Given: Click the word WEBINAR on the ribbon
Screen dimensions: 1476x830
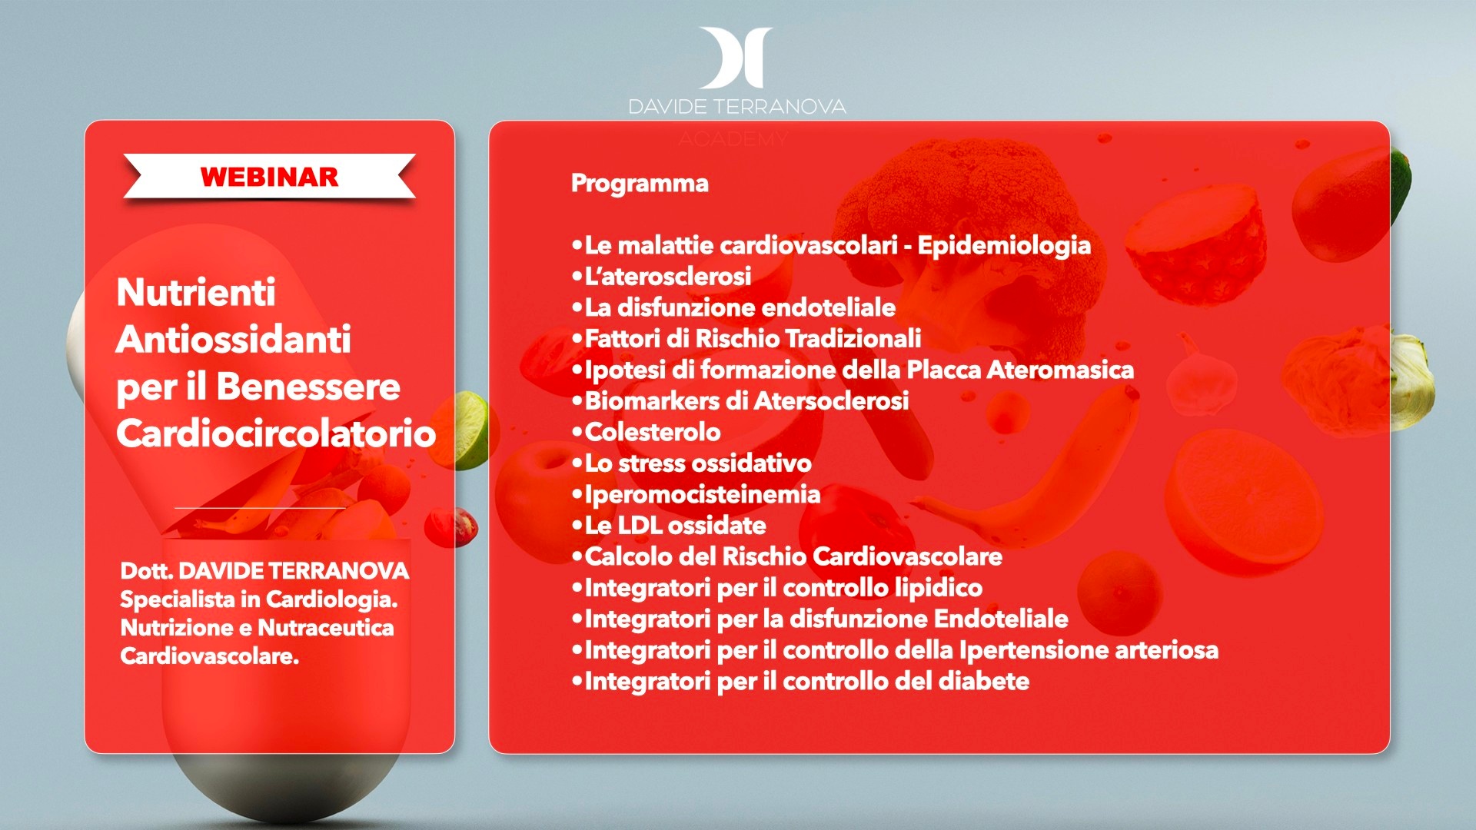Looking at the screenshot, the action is tap(269, 177).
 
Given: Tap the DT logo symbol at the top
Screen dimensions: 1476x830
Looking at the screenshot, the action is tap(736, 58).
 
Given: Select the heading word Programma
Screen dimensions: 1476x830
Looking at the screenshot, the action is tap(640, 184).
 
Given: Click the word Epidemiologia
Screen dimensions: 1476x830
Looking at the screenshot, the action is tap(1004, 246).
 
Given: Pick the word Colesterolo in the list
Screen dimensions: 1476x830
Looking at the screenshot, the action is tap(653, 432).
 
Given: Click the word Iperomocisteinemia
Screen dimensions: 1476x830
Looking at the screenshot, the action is tap(703, 494).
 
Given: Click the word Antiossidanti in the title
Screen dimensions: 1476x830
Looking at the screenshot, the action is tap(234, 339).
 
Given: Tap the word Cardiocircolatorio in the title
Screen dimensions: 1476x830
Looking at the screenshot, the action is tap(277, 433).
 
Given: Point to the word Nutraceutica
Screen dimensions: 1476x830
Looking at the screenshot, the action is tap(326, 628).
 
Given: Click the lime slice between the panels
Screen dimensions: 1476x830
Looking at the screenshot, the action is tap(468, 430).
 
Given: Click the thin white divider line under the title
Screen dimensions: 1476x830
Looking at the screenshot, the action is tap(260, 508).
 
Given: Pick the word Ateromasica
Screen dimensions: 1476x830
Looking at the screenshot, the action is tap(1060, 370).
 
